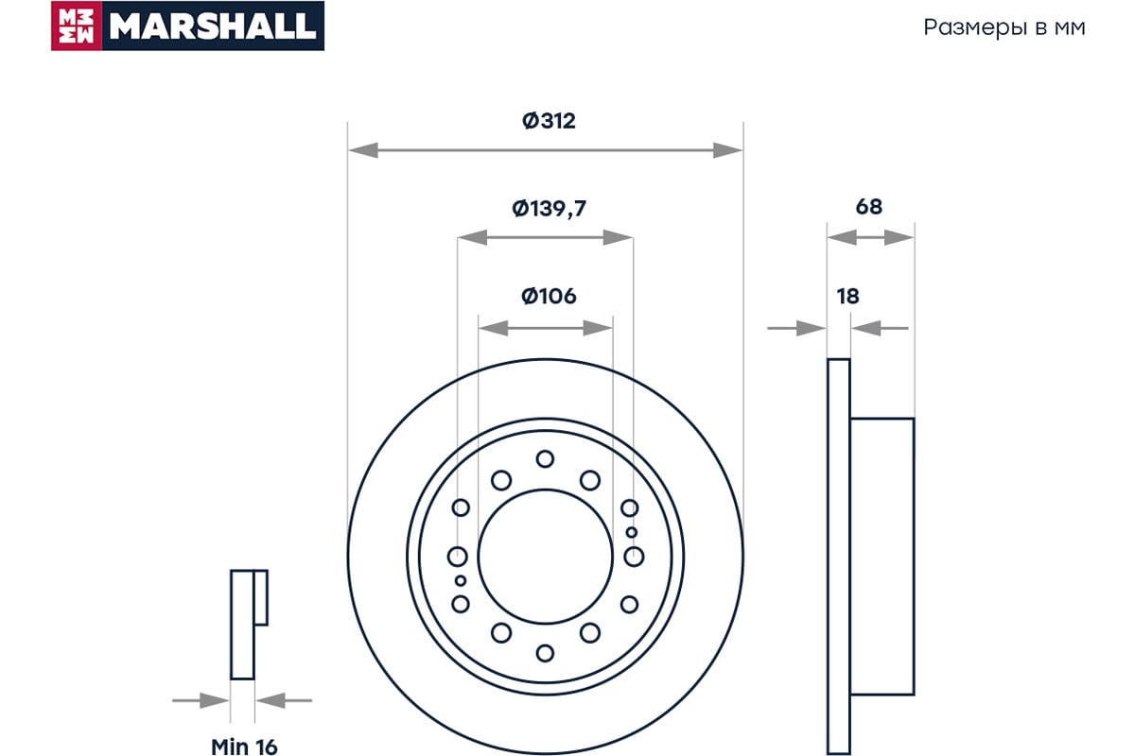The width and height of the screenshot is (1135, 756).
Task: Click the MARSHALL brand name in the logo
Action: [x=213, y=26]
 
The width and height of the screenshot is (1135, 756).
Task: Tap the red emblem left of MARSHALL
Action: [x=77, y=26]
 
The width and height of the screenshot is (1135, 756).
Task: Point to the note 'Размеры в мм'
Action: [x=1004, y=28]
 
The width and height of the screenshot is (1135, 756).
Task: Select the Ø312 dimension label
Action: [x=549, y=121]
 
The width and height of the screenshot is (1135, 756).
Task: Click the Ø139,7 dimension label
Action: [x=549, y=209]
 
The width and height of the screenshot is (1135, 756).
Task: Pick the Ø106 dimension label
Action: [x=549, y=296]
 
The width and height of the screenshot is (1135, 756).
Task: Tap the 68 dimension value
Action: [x=869, y=207]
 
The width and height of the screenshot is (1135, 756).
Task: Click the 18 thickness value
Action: [x=847, y=296]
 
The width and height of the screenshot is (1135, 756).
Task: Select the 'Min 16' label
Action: [x=244, y=747]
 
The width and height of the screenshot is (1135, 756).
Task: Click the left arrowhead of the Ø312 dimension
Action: [x=363, y=150]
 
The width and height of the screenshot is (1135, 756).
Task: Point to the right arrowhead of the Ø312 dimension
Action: [x=727, y=150]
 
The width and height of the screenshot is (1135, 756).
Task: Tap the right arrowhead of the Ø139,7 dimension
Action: [x=619, y=237]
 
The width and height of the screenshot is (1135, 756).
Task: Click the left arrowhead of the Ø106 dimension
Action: [x=494, y=328]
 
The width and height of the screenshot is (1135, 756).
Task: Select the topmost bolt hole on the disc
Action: [x=545, y=459]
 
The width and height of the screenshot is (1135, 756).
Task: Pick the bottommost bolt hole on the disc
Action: [x=545, y=653]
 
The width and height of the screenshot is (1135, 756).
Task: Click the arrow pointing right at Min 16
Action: [x=201, y=701]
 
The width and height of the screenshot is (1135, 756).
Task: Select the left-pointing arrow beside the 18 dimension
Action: [x=880, y=328]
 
